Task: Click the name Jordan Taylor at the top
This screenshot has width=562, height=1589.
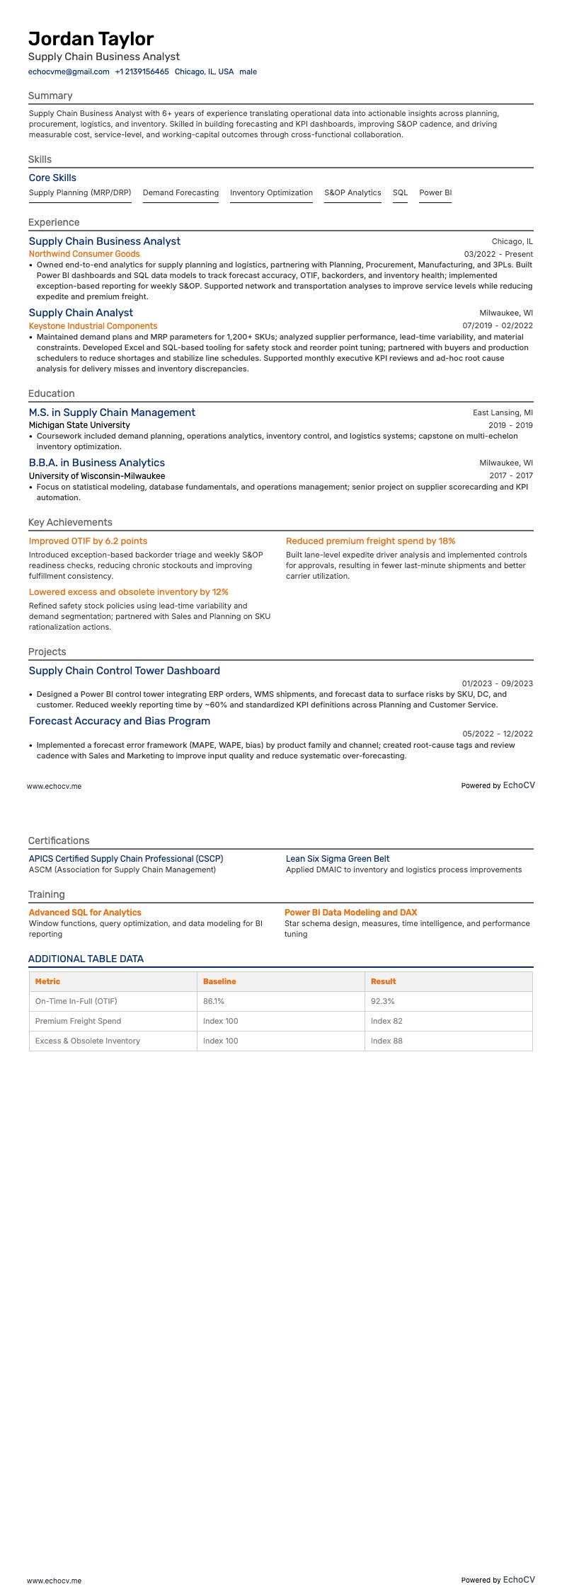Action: (91, 38)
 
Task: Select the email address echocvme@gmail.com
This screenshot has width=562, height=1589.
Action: (69, 71)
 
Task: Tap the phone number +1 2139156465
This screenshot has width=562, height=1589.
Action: (142, 71)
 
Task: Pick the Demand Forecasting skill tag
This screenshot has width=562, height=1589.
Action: (180, 192)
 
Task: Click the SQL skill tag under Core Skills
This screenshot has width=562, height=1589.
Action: (400, 192)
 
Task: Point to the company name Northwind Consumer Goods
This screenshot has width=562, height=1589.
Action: (84, 254)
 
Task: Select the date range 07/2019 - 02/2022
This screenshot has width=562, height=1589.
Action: (498, 326)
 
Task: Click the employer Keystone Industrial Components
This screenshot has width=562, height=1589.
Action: (93, 326)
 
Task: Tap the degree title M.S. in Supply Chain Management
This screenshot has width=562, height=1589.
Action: (112, 412)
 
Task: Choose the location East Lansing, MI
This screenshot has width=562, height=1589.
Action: (503, 412)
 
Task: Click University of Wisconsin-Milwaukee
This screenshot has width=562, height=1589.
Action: (97, 476)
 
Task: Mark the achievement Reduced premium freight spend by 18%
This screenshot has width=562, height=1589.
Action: (370, 541)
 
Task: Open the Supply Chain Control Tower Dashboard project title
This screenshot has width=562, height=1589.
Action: (124, 671)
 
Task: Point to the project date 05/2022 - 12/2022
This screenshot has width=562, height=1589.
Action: (498, 734)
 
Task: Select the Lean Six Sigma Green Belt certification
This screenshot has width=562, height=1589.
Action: (338, 859)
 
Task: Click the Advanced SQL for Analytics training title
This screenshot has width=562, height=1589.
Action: (85, 913)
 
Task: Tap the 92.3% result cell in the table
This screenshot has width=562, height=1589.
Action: (383, 1001)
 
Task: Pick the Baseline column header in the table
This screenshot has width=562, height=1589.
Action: (219, 981)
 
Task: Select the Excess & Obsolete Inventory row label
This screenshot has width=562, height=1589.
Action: (88, 1041)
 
